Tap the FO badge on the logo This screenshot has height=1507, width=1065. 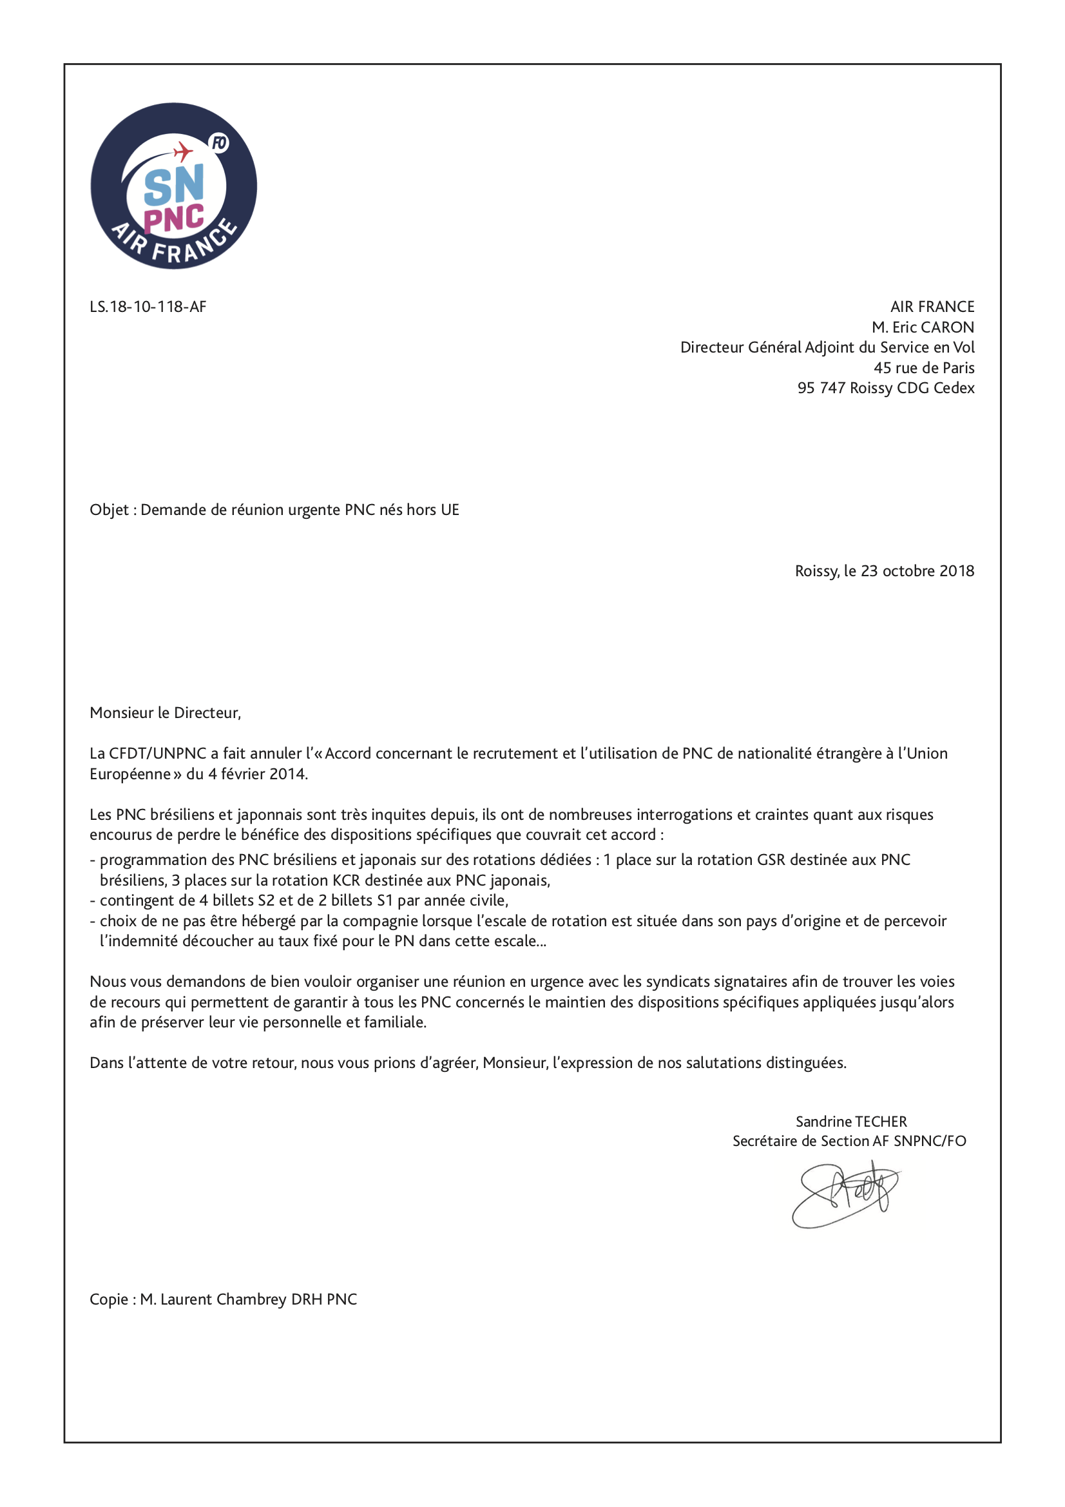[x=218, y=142]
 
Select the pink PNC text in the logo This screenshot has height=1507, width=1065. [x=174, y=218]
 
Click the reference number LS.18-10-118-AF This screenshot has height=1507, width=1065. [x=148, y=307]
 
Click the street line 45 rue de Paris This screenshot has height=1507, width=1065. [x=923, y=367]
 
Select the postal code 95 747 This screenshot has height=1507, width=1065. [x=821, y=388]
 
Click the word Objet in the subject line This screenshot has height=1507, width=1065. [x=109, y=510]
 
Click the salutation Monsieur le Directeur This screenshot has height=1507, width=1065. [x=166, y=713]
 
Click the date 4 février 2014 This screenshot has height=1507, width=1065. [x=258, y=774]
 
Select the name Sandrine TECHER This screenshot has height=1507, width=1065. [x=851, y=1122]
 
